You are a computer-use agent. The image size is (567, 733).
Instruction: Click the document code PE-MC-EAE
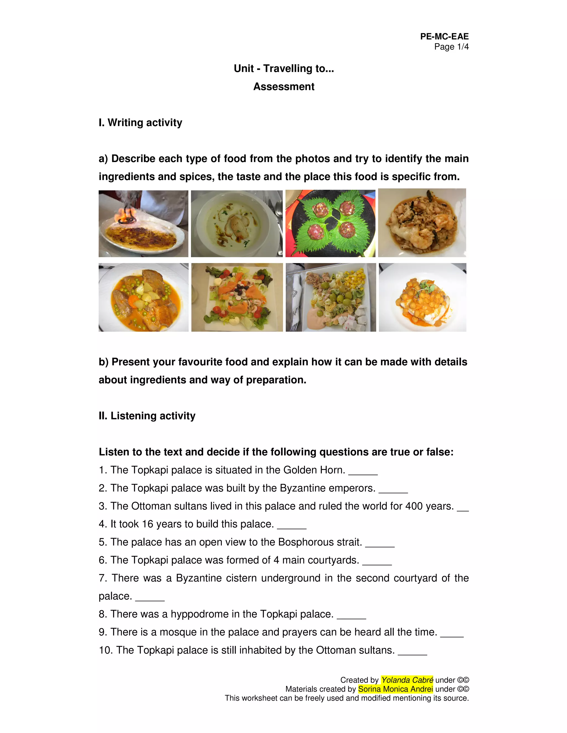pyautogui.click(x=444, y=36)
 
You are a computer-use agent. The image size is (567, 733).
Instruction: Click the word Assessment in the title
pyautogui.click(x=283, y=87)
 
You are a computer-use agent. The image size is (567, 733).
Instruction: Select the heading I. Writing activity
pyautogui.click(x=140, y=123)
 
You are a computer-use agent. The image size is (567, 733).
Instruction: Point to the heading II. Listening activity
pyautogui.click(x=147, y=416)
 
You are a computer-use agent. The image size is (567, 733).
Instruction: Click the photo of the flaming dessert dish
pyautogui.click(x=143, y=223)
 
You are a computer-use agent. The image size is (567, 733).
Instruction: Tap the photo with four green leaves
pyautogui.click(x=330, y=223)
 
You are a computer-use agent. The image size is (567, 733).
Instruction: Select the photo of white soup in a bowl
pyautogui.click(x=237, y=223)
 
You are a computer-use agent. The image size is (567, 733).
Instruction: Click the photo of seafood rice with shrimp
pyautogui.click(x=422, y=223)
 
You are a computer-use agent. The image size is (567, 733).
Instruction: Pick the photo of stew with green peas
pyautogui.click(x=143, y=297)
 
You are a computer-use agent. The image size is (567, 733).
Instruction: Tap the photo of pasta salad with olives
pyautogui.click(x=331, y=297)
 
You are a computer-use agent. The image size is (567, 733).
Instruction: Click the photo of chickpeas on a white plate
pyautogui.click(x=422, y=297)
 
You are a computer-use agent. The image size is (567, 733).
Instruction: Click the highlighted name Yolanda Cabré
pyautogui.click(x=407, y=680)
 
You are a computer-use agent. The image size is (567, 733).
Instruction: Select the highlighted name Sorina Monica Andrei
pyautogui.click(x=395, y=689)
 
